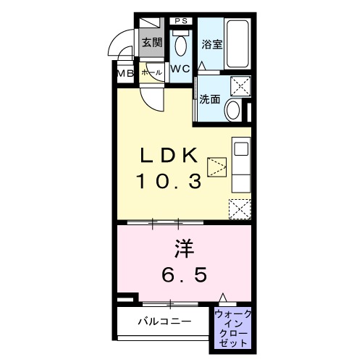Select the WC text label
point(180,70)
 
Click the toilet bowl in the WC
point(181,45)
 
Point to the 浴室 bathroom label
point(211,43)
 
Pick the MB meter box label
point(125,73)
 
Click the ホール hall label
point(151,73)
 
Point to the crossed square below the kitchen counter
point(239,209)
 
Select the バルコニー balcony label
point(164,321)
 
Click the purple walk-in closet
point(232,328)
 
